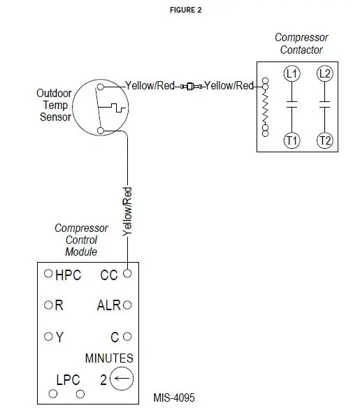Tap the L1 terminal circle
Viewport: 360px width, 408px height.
click(x=291, y=73)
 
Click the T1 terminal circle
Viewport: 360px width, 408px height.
click(x=291, y=140)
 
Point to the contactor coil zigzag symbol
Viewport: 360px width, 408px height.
click(x=264, y=108)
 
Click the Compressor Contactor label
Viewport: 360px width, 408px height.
click(x=301, y=43)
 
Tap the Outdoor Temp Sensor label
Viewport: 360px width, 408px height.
click(x=54, y=105)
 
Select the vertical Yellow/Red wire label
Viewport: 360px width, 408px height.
click(x=127, y=210)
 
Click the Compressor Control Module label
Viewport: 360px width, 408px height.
click(x=81, y=240)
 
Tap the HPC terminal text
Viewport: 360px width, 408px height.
click(x=68, y=275)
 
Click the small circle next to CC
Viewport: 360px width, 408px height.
click(x=127, y=274)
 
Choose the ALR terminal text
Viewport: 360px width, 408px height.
click(x=109, y=305)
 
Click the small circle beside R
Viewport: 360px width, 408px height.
click(x=48, y=305)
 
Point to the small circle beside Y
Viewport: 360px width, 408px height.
click(x=48, y=336)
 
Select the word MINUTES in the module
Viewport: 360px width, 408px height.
click(x=109, y=358)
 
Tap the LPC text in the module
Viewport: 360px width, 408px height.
click(x=68, y=380)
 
